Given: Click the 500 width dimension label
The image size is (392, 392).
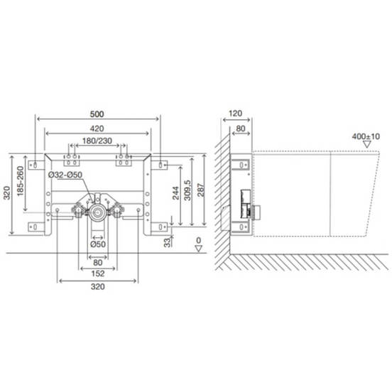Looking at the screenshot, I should pyautogui.click(x=98, y=114).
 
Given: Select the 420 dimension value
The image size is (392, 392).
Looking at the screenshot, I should pyautogui.click(x=98, y=128).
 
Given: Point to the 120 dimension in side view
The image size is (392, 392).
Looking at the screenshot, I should pyautogui.click(x=236, y=114).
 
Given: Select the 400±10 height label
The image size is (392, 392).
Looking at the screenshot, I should pyautogui.click(x=366, y=135).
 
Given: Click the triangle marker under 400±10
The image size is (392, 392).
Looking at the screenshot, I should pyautogui.click(x=366, y=144).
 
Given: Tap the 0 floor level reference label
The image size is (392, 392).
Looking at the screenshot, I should pyautogui.click(x=199, y=239).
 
